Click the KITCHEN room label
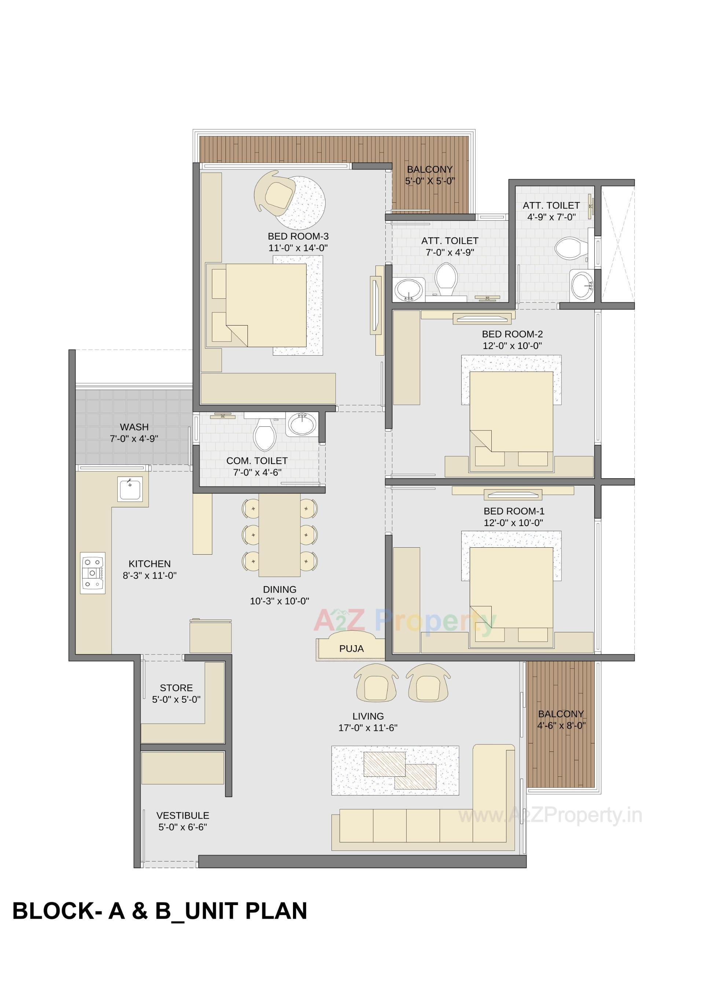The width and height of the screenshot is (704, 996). pos(149,563)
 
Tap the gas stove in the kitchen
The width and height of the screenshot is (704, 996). pos(93,573)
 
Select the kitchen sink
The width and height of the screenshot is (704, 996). pos(130,489)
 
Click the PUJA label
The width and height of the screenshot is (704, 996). pos(351,648)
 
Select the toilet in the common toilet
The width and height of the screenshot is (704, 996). pos(265,434)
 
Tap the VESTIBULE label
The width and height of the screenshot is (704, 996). pos(183,815)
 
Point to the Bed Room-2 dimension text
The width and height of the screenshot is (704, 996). pos(512,346)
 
